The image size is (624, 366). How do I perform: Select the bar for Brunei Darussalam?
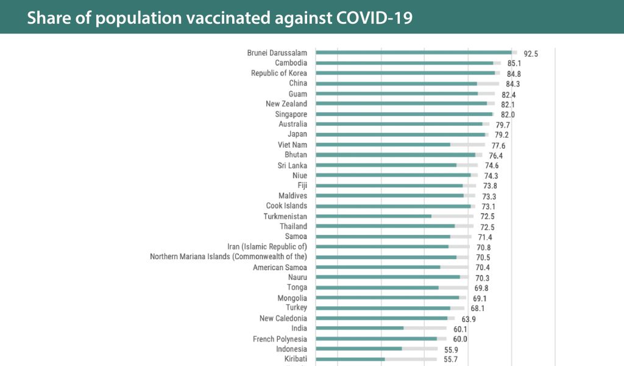(x=414, y=52)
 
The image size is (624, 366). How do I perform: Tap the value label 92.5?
(x=531, y=54)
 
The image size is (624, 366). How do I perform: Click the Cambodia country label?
(x=291, y=63)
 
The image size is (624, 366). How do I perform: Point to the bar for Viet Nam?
(x=383, y=145)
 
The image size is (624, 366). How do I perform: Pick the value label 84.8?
(x=514, y=74)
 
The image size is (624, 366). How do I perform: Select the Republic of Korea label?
(x=279, y=73)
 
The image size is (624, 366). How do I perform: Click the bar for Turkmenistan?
(x=374, y=216)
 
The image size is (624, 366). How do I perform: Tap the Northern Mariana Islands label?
(x=229, y=257)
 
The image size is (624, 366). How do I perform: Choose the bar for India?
(x=360, y=328)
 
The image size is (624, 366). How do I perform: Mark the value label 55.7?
(x=450, y=360)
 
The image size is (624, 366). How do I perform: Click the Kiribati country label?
(x=296, y=359)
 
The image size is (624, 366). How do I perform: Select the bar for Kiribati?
(x=350, y=359)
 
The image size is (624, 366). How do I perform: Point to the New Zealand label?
(x=286, y=104)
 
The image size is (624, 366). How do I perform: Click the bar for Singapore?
(x=404, y=114)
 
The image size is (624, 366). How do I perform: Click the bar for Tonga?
(x=377, y=287)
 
